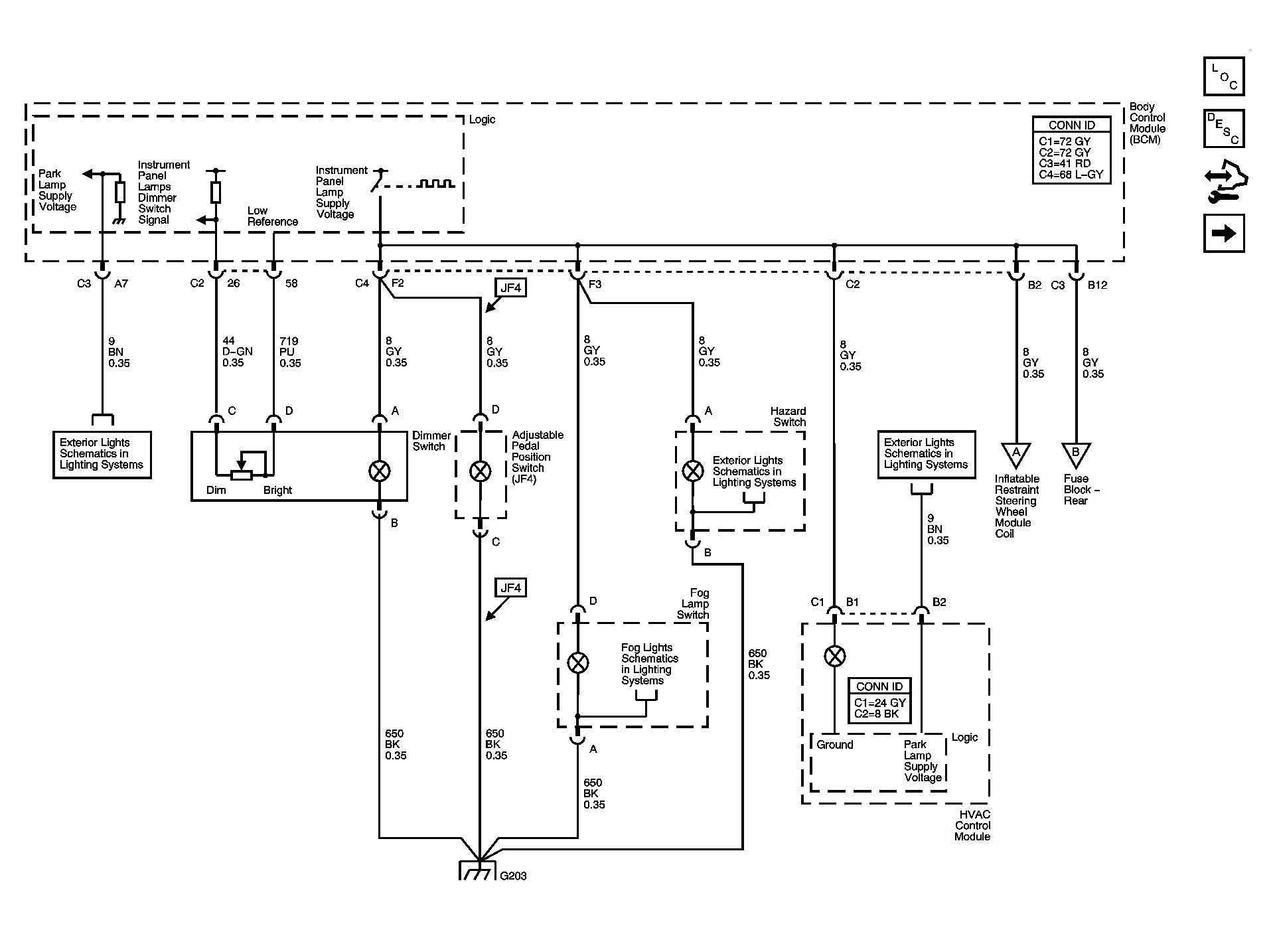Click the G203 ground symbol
477,871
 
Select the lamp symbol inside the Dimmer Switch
379,471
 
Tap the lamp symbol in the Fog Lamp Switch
578,662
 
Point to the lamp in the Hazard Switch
692,471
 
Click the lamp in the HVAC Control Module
834,657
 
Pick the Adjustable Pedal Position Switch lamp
480,471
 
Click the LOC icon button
1224,76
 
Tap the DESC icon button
1224,128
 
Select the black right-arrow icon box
1224,233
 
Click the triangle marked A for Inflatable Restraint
1015,455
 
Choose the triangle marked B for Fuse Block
1076,455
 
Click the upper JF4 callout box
510,287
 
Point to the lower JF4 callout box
510,588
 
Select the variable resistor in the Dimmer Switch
241,475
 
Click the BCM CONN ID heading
1071,125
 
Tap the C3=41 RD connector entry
1064,163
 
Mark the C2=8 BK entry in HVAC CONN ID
876,714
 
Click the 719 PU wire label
290,352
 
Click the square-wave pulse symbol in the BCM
437,183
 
